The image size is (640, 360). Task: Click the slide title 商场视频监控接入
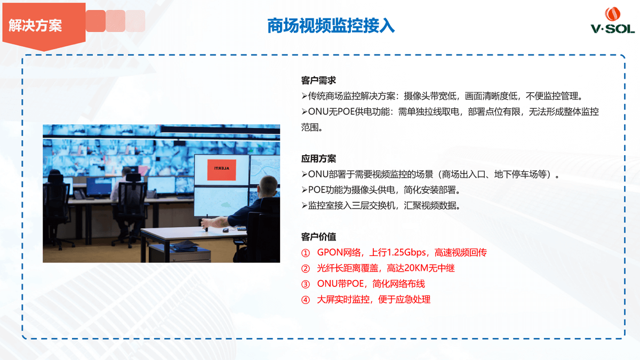(x=331, y=26)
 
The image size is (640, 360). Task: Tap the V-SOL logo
(x=613, y=20)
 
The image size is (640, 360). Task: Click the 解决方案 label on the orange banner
(x=35, y=26)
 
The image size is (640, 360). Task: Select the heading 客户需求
(x=318, y=81)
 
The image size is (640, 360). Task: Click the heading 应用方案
(x=318, y=158)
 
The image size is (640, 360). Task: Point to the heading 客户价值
(x=318, y=237)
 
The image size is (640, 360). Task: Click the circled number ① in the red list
(x=306, y=253)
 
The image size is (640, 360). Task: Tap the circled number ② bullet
(x=306, y=269)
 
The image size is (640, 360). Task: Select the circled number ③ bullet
(x=306, y=284)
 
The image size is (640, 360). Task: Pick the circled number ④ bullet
(x=306, y=300)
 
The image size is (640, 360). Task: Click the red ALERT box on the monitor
(x=221, y=170)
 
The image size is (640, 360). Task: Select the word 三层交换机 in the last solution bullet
(x=373, y=205)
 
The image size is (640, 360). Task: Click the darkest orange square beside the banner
(x=95, y=21)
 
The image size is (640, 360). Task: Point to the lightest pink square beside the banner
(x=135, y=21)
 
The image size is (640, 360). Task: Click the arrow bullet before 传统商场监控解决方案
(x=305, y=97)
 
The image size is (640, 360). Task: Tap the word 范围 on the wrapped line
(x=310, y=127)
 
